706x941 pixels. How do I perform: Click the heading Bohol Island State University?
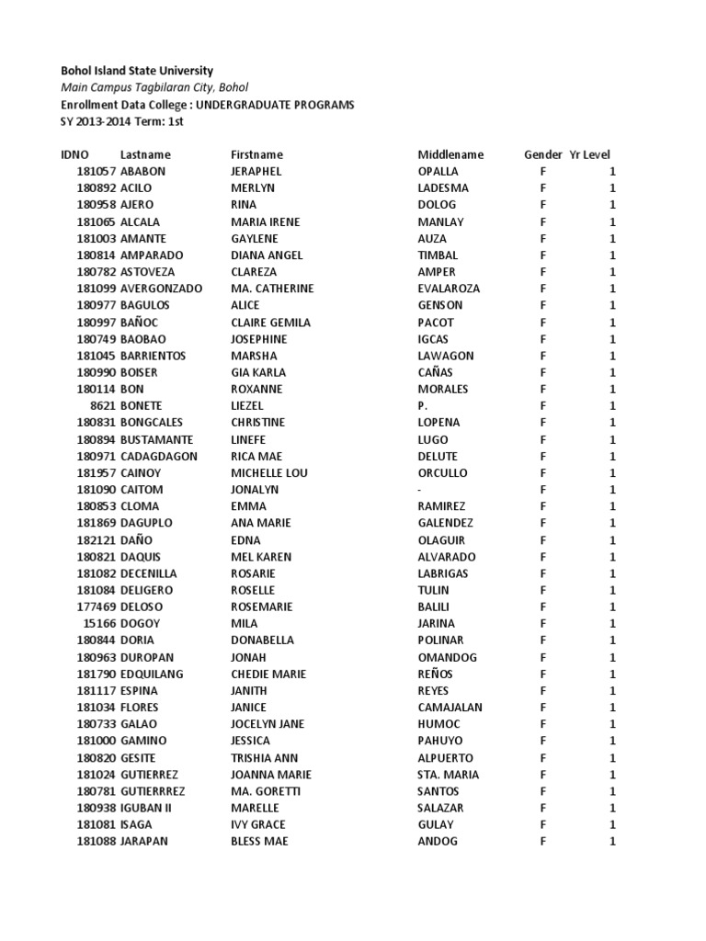(137, 71)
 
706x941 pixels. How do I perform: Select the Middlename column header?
(450, 155)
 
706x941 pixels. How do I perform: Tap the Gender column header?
(542, 155)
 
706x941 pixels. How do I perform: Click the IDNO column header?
(74, 155)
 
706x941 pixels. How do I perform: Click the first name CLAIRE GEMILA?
(270, 323)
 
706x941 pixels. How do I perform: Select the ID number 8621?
(102, 406)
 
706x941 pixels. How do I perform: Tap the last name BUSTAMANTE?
(156, 439)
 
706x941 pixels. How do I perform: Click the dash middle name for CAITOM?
(420, 490)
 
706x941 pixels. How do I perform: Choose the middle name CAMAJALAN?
(450, 708)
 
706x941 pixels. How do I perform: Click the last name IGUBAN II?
(146, 808)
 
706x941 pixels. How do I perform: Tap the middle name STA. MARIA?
(448, 775)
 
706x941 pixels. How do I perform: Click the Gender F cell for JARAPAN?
(543, 842)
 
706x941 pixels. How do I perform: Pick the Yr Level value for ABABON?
(612, 172)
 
